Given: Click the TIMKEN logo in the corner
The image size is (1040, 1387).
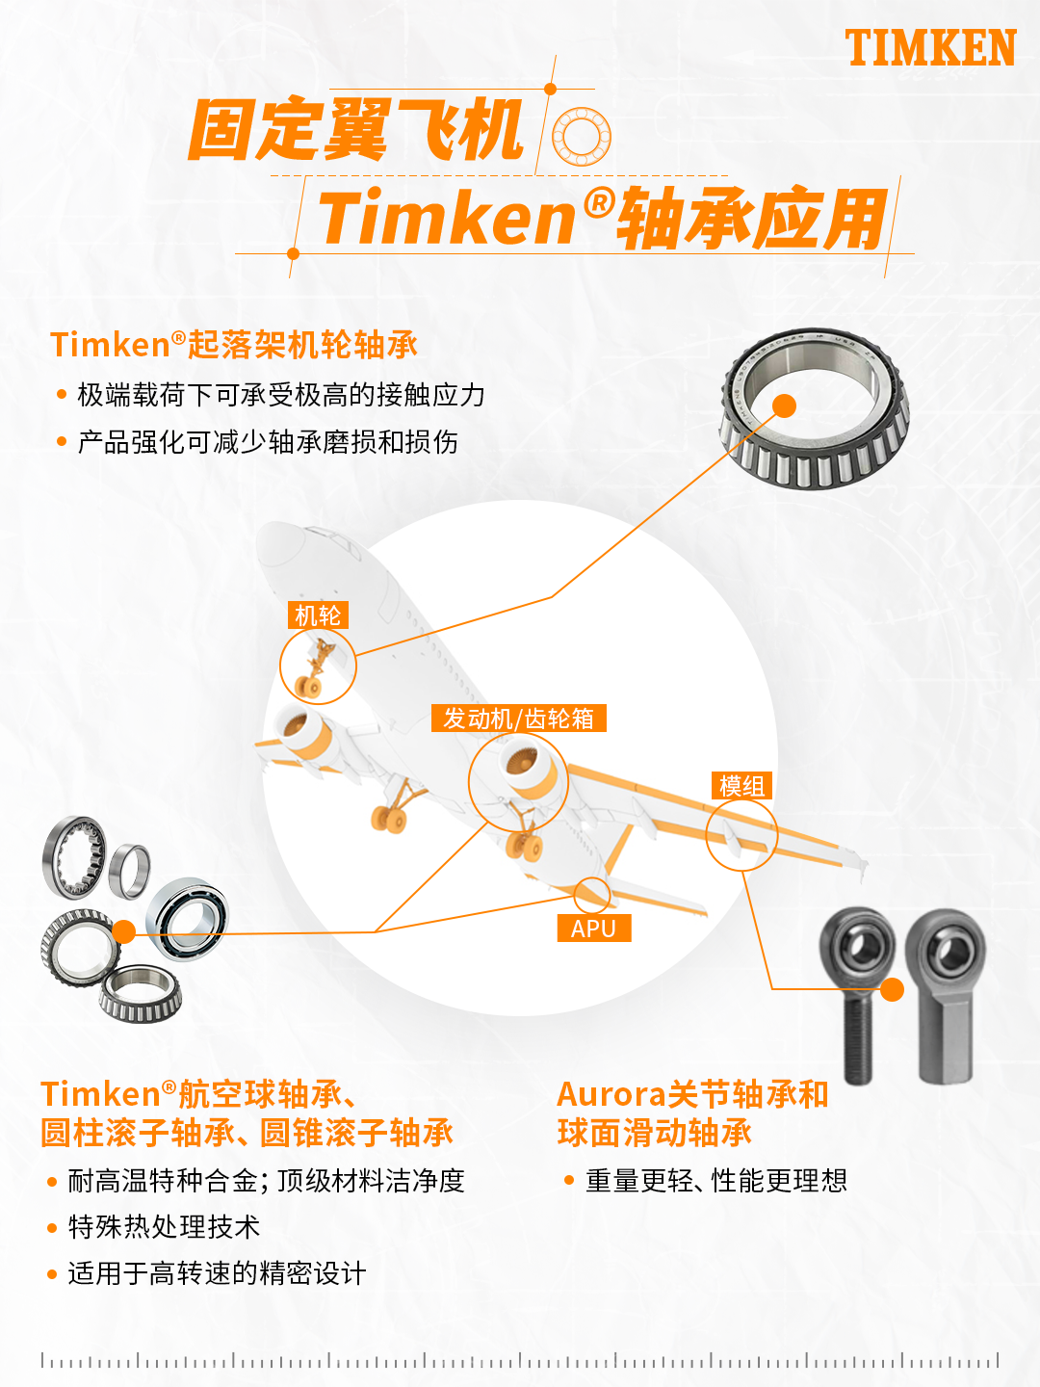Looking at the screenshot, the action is coord(930,47).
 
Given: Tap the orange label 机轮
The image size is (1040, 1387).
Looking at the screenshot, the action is coord(318,615).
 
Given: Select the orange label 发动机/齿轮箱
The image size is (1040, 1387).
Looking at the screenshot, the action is coord(518,718).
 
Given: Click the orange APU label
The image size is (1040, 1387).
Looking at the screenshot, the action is coord(593,929).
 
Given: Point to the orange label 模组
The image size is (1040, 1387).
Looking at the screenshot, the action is coord(741,786).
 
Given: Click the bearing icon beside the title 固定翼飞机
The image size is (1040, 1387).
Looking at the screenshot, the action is coord(581,137).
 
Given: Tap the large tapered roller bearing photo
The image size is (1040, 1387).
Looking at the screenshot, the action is coord(815,408).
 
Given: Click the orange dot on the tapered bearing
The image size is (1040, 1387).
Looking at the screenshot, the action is coord(784,406).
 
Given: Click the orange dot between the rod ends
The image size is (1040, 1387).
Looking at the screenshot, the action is coord(892,989).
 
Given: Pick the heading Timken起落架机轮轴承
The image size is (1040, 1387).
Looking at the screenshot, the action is coord(234,345).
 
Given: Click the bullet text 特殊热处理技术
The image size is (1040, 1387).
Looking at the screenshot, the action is coord(164,1227).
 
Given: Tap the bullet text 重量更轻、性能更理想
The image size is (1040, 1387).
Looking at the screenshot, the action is coord(716,1180).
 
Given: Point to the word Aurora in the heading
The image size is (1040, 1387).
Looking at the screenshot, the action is coord(611,1094).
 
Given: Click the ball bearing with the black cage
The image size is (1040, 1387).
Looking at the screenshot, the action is coord(188,920).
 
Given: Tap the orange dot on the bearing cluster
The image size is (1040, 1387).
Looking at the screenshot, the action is coord(124,931).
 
